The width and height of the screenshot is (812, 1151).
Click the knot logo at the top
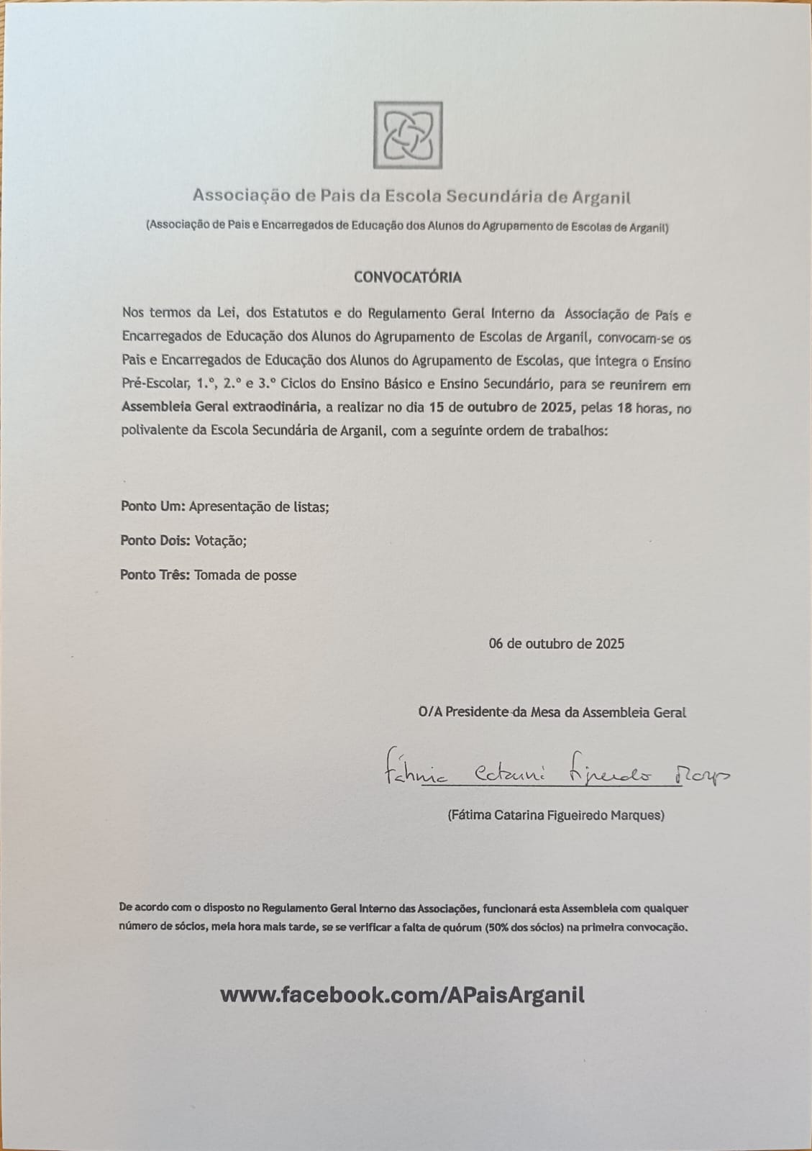pos(408,135)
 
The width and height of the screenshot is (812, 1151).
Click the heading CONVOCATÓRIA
pos(407,277)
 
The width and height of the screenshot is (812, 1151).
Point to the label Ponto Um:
pos(152,506)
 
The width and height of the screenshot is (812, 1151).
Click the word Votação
pos(220,540)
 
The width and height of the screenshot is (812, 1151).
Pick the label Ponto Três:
pos(155,575)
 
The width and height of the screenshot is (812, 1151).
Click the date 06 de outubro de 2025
pos(556,644)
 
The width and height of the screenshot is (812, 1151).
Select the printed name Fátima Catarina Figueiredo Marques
pos(555,815)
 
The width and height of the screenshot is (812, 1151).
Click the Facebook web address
pos(402,995)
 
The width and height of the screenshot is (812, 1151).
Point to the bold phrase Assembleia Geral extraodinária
pos(220,408)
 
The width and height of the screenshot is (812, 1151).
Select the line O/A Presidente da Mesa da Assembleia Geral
pos(552,712)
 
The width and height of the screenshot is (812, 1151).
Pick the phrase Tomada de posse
pos(245,575)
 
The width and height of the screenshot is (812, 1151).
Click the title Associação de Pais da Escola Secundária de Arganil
pos(411,196)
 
